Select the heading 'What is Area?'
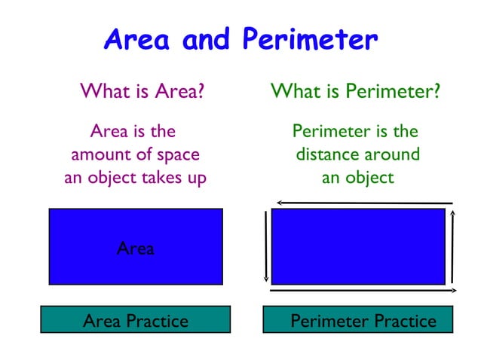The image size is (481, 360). pyautogui.click(x=142, y=93)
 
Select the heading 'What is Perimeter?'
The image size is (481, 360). pyautogui.click(x=355, y=93)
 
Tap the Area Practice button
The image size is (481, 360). pyautogui.click(x=135, y=321)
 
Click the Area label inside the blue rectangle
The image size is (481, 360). pyautogui.click(x=136, y=249)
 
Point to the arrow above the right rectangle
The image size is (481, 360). pyautogui.click(x=364, y=203)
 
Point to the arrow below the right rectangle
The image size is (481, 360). pyautogui.click(x=363, y=290)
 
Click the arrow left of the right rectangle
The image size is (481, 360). pyautogui.click(x=266, y=246)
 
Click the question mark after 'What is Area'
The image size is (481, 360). pyautogui.click(x=201, y=93)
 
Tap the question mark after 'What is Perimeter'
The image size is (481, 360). pyautogui.click(x=436, y=93)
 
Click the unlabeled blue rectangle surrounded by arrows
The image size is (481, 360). pyautogui.click(x=358, y=246)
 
